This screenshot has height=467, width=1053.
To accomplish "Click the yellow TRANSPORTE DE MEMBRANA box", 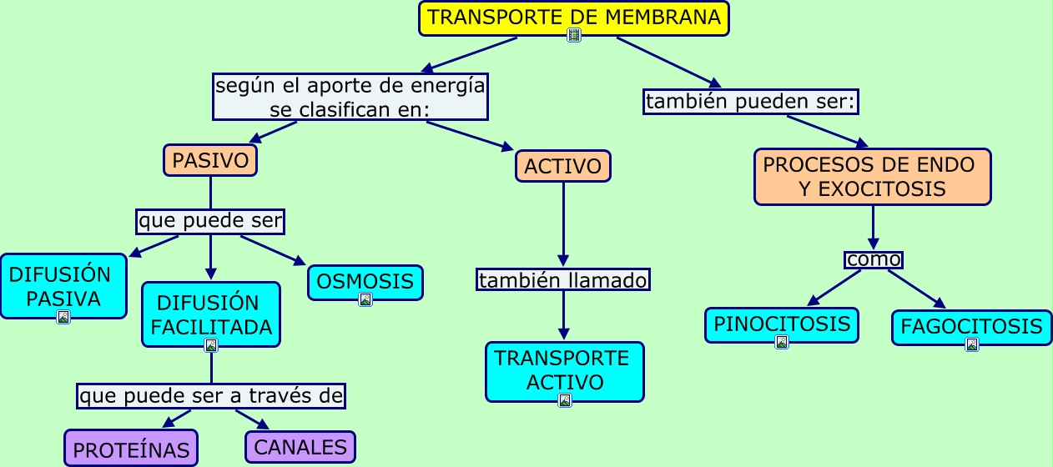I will tap(573, 17).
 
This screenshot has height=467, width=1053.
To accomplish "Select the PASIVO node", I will tap(210, 160).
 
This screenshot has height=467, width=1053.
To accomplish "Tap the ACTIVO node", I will tap(563, 166).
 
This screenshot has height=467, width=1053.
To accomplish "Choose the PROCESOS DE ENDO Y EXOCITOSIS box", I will tap(872, 177).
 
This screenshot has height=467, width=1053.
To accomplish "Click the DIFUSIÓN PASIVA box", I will tap(63, 285).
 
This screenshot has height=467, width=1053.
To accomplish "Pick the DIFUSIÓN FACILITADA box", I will tap(210, 314).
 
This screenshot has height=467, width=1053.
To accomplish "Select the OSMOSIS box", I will tap(365, 281).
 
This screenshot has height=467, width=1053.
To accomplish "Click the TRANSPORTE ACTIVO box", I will tap(564, 369).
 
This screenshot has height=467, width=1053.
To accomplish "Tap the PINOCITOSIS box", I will tap(781, 324).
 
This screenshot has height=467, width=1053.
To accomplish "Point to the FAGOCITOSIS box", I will tap(971, 326).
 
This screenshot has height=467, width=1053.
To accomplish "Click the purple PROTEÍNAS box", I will tap(131, 449).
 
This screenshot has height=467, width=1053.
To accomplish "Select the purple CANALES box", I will tap(300, 447).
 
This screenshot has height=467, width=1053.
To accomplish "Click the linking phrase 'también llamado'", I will tap(563, 280).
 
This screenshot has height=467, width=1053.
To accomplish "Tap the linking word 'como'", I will tap(873, 259).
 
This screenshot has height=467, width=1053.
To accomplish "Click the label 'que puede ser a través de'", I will tap(211, 396).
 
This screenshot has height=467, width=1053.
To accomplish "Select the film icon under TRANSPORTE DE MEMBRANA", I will tap(574, 35).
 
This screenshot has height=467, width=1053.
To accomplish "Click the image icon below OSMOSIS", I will tap(365, 300).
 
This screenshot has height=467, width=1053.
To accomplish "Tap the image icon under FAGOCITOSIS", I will tap(971, 344).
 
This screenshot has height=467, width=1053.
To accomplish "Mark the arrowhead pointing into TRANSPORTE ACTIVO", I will tap(564, 335).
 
